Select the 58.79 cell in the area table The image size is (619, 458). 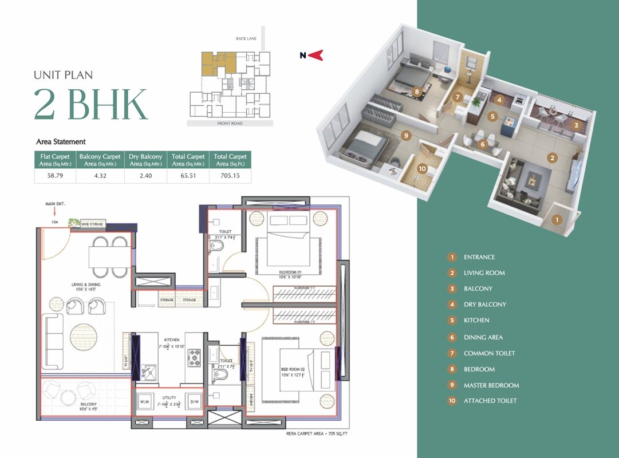coord(56,176)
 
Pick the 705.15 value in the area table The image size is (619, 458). coord(230,176)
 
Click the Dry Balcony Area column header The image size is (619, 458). coord(145,160)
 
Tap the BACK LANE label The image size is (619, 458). coord(247,38)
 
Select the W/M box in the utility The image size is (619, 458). coord(144,401)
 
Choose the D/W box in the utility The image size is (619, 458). coord(194,401)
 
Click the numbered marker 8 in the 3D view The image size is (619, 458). coord(417,91)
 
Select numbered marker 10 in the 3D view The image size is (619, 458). coord(422,168)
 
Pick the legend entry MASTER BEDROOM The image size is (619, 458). coord(491,385)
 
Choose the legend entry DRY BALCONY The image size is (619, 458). coord(484,305)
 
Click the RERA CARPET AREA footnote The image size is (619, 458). coord(317,434)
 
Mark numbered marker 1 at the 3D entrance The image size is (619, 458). coord(557,218)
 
